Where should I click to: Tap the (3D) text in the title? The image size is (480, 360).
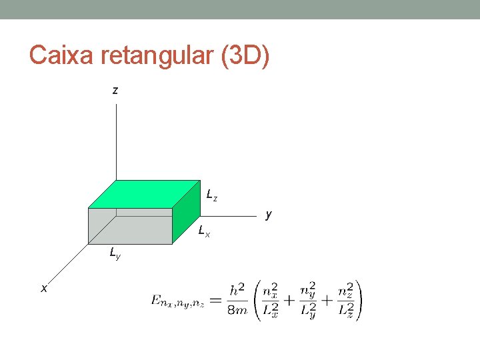[x=245, y=56]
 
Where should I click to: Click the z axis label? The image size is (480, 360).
[x=115, y=90]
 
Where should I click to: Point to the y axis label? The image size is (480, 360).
[x=268, y=215]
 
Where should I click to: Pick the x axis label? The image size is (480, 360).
[x=44, y=288]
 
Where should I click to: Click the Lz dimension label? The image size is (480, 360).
[x=211, y=196]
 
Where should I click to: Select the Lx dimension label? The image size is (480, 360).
[x=204, y=232]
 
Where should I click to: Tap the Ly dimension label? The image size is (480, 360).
[x=115, y=253]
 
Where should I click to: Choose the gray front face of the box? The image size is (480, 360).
[x=129, y=227]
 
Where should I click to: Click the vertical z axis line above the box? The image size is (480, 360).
[x=116, y=140]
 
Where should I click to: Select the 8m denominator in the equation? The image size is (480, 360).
[x=237, y=310]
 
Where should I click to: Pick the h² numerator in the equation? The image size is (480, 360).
[x=237, y=291]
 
